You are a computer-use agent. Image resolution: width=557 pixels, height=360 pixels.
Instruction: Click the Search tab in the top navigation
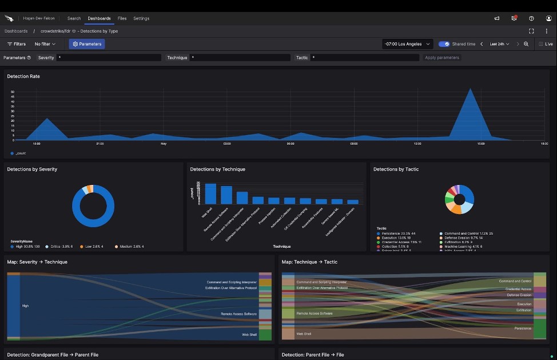74,18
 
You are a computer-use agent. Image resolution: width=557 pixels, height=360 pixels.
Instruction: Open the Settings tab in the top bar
141,18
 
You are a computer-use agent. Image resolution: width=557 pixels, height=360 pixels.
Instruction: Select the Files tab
122,18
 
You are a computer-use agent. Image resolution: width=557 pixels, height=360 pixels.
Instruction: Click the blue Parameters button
87,44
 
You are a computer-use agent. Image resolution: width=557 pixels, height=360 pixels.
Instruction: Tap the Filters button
16,44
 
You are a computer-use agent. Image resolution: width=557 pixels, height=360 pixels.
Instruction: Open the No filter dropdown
45,44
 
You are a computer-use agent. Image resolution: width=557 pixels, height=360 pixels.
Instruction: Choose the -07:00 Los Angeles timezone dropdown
407,44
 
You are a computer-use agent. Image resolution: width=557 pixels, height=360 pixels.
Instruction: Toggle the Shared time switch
444,44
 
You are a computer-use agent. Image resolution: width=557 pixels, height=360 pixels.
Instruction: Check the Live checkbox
541,44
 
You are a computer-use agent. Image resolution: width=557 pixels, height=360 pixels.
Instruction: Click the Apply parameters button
442,58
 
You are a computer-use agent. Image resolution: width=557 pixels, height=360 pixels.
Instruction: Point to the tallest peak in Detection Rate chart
471,90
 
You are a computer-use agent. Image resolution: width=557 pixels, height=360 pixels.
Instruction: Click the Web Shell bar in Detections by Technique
210,193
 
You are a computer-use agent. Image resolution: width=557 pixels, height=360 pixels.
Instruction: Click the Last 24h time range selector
499,44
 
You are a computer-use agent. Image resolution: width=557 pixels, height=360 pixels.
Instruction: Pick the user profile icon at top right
548,18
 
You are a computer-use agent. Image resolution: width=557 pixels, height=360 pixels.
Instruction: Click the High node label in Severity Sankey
25,306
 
